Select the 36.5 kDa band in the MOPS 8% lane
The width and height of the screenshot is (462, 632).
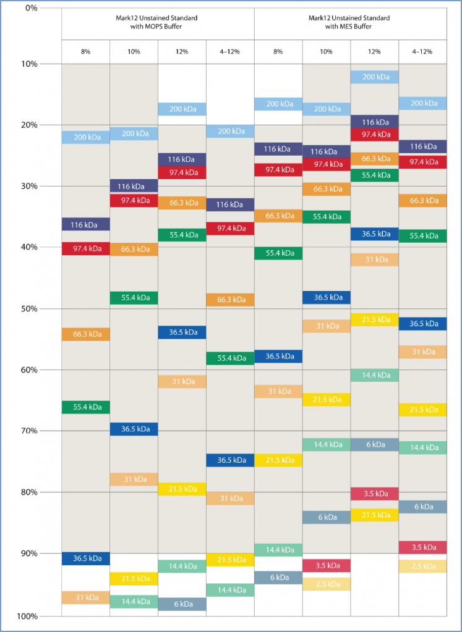tap(85, 558)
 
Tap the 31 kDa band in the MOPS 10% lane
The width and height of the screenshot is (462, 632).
tap(134, 479)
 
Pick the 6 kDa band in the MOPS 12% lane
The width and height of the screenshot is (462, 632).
tap(182, 604)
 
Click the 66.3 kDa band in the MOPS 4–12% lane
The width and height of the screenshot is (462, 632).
tap(230, 300)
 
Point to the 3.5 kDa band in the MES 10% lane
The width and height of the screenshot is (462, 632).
tap(327, 565)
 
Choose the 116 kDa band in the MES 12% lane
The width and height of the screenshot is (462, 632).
tap(375, 122)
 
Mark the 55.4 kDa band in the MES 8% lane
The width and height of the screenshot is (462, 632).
tap(278, 253)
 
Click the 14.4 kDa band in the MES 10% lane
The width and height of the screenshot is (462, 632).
tap(327, 445)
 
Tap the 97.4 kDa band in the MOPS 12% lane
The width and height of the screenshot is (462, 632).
tap(182, 172)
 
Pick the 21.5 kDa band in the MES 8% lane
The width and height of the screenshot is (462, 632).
tap(278, 460)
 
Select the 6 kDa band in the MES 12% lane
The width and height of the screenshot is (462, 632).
tap(375, 445)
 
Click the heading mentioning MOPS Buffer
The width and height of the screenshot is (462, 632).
tap(158, 22)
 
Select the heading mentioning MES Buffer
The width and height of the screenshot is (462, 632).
tap(351, 22)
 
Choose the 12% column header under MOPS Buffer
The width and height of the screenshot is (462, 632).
tap(182, 51)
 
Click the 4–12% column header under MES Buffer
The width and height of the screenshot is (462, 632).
tap(423, 51)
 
